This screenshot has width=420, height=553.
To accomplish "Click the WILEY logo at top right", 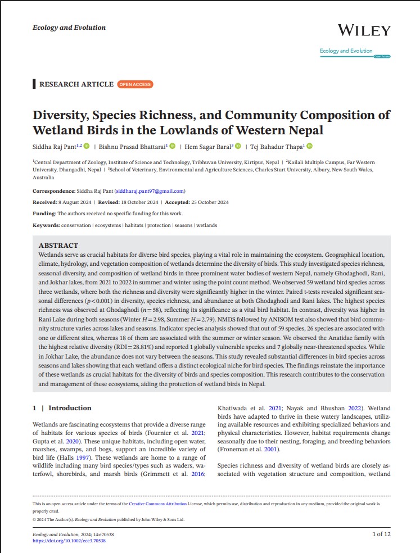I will pyautogui.click(x=364, y=30).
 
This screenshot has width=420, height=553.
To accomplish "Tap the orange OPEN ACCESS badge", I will pyautogui.click(x=135, y=84).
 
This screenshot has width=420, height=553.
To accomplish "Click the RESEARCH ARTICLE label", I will pyautogui.click(x=76, y=84).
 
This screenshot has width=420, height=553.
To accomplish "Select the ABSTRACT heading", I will pyautogui.click(x=58, y=246).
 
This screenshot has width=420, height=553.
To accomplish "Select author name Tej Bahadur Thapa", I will pyautogui.click(x=276, y=147).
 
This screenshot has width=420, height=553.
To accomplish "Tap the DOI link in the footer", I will pyautogui.click(x=69, y=541).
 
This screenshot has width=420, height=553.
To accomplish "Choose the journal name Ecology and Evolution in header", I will pyautogui.click(x=69, y=28).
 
